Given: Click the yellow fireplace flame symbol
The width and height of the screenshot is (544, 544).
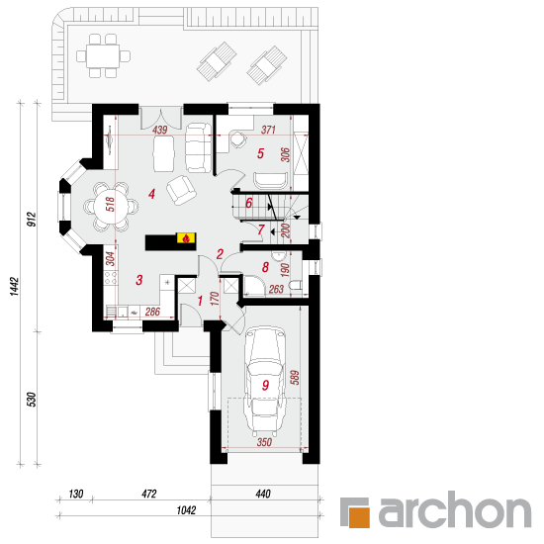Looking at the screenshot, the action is [186, 238].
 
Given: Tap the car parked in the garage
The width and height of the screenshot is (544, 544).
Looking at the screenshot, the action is [265, 381].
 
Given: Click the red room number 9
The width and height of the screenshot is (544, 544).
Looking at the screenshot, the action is [265, 385].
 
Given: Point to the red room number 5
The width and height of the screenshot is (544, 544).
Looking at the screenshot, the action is [260, 153].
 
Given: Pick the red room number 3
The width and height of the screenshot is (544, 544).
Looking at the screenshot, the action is [139, 280].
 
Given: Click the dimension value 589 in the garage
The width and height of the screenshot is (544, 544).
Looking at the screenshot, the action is [294, 378].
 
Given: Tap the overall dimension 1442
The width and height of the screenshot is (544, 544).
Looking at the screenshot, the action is [14, 286].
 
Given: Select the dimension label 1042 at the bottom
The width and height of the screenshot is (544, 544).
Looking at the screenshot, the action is [186, 510].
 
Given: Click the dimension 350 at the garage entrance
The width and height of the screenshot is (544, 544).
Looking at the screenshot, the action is [264, 442].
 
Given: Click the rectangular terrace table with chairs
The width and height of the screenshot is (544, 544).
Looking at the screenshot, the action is [103, 55].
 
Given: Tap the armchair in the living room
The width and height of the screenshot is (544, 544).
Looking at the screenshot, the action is [181, 190].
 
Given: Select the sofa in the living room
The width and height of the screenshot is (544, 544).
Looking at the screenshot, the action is [198, 147].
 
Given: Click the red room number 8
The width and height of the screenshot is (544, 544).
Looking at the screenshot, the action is [265, 267].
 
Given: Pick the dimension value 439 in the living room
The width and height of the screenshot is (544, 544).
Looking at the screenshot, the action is [159, 131].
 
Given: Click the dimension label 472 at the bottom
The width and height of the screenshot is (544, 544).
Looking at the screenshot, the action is [148, 494].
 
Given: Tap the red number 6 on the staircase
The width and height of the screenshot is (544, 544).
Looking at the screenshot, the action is [248, 203].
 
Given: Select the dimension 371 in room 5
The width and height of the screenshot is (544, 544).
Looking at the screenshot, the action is [268, 131].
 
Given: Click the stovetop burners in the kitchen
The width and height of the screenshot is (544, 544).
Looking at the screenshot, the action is [111, 278].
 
